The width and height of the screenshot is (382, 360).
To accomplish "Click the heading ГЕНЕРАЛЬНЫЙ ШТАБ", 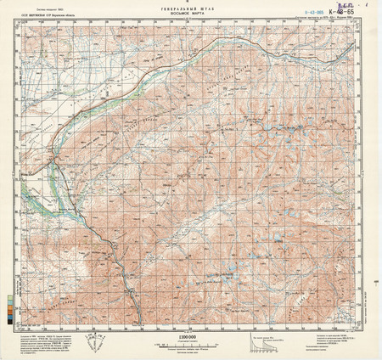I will [189, 8].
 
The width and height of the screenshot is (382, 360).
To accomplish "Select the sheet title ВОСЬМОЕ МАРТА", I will [189, 14].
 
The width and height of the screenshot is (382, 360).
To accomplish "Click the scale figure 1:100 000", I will [189, 337].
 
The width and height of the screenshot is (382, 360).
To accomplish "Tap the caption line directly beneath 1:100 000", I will [189, 341].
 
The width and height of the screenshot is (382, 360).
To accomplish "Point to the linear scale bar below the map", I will [189, 346].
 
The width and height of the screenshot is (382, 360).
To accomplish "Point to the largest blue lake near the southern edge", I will [229, 277].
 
